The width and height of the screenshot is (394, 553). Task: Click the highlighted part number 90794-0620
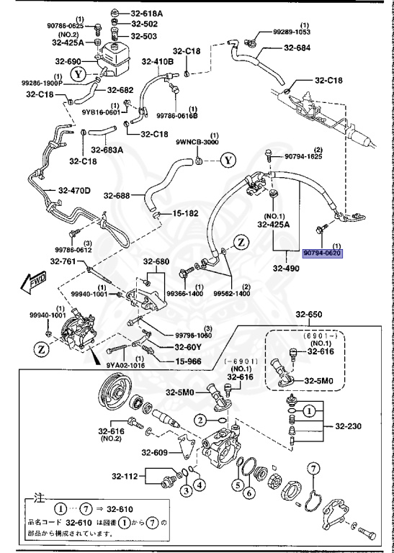[322, 253]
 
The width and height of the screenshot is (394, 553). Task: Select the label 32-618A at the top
[146, 13]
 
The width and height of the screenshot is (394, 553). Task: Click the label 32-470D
[74, 190]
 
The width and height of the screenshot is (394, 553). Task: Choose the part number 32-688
[117, 195]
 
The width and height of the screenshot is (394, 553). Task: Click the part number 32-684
[297, 48]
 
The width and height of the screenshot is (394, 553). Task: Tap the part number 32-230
[352, 426]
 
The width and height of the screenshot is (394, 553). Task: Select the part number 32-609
[154, 452]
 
